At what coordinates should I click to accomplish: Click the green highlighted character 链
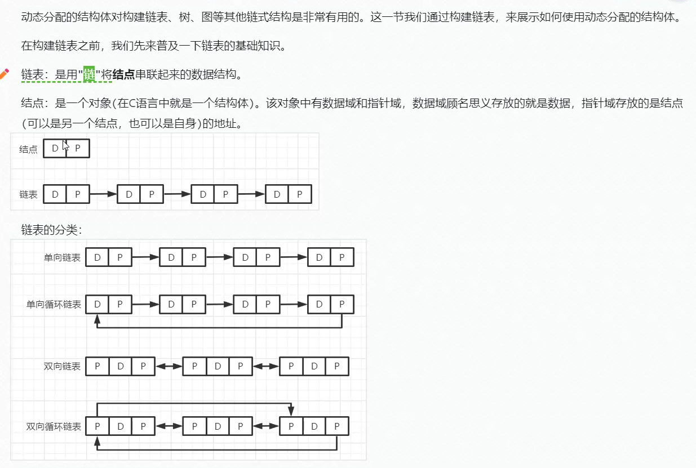(89, 74)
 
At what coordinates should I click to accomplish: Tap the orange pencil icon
(5, 73)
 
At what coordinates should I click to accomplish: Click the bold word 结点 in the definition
(124, 74)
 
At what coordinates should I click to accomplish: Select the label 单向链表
(62, 258)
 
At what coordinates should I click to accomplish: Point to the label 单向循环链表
(54, 305)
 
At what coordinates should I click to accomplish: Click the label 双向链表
(62, 367)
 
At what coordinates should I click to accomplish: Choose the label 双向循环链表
(54, 427)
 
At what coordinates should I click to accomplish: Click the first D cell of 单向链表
(97, 258)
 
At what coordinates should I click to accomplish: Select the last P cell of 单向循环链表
(342, 305)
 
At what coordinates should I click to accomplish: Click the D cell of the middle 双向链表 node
(218, 367)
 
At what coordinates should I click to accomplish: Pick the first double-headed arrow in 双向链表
(169, 367)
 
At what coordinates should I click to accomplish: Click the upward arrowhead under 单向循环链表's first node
(97, 319)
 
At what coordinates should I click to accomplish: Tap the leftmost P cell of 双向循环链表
(97, 427)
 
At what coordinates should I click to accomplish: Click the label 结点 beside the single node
(28, 149)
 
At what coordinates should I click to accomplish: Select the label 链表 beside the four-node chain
(28, 194)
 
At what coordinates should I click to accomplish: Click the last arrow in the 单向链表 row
(293, 257)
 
